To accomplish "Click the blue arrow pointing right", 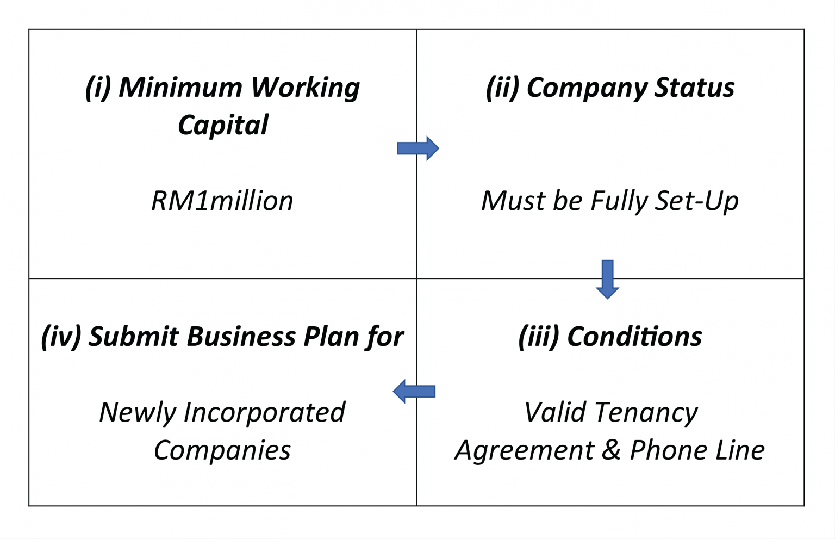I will [x=417, y=148].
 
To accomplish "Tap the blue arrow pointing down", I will [x=607, y=279].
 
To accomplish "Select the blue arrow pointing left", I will [x=414, y=391].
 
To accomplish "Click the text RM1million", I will [x=222, y=201].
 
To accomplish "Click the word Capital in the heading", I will [x=223, y=125].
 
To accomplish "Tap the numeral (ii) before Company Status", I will [x=503, y=88].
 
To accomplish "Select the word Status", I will [x=694, y=88].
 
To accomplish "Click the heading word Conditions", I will [x=634, y=336].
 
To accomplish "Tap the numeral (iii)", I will [x=539, y=337].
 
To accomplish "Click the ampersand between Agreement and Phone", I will [x=612, y=450].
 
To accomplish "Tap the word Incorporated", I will [x=264, y=412].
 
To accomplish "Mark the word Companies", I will [x=222, y=450].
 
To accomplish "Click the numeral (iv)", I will [x=61, y=337].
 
